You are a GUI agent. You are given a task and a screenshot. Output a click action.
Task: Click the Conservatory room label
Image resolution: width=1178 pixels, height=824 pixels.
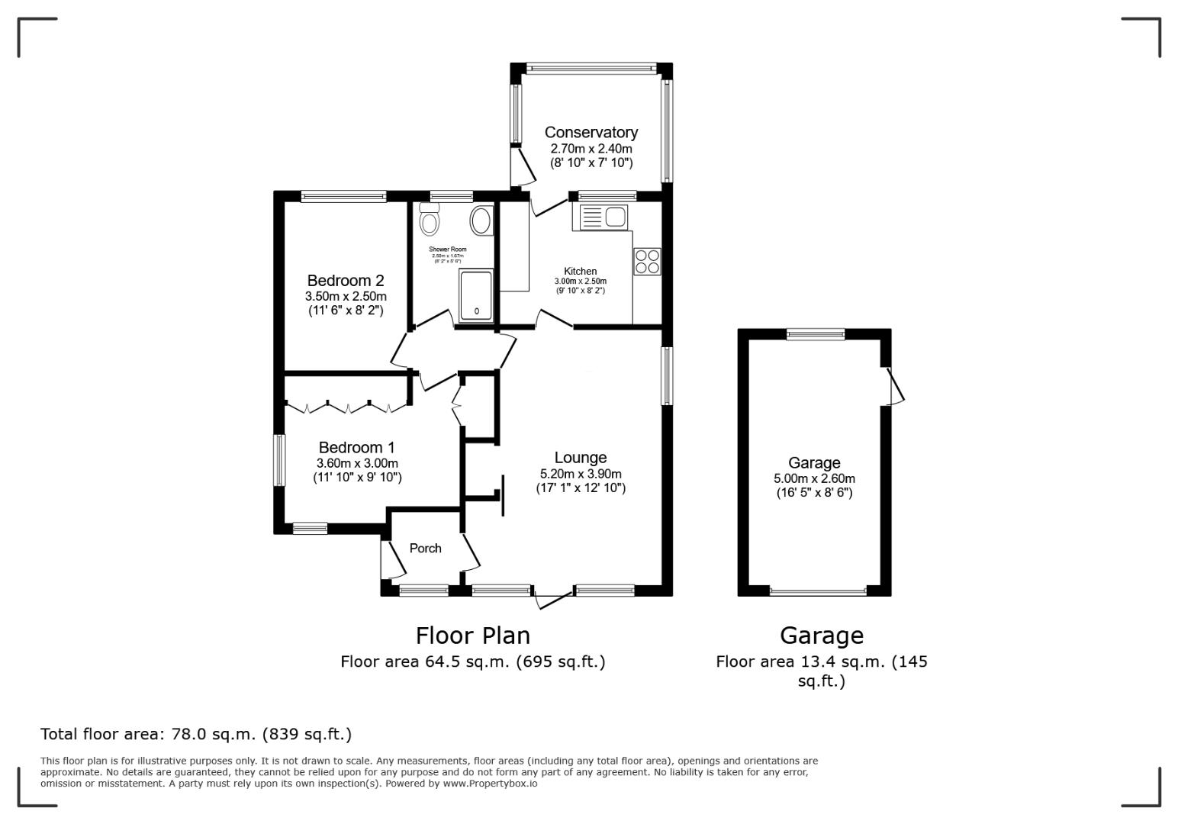click(x=591, y=133)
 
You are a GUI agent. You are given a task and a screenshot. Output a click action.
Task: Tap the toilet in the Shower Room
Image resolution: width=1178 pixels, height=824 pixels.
click(x=430, y=220)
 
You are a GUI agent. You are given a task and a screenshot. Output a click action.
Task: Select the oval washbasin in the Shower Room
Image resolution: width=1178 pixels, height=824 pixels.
click(x=481, y=220)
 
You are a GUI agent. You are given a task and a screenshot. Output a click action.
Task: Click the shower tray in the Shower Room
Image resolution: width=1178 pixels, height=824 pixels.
click(x=476, y=295)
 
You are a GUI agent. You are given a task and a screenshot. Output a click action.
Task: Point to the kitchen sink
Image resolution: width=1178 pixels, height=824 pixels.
click(x=603, y=217)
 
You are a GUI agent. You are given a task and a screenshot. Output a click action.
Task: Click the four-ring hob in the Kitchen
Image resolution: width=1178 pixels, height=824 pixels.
click(x=647, y=262)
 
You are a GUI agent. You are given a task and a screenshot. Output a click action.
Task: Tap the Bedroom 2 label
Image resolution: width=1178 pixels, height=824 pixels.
click(x=345, y=281)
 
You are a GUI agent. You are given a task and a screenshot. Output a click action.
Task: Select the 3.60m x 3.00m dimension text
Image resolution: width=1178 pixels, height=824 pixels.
click(x=357, y=463)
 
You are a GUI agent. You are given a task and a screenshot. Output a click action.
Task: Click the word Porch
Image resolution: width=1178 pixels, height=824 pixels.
click(x=425, y=548)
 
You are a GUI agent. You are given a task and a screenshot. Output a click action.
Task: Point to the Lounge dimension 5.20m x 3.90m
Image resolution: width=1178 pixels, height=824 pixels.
click(x=580, y=474)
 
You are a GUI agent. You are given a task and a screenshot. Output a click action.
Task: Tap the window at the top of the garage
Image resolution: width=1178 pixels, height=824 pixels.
click(x=816, y=333)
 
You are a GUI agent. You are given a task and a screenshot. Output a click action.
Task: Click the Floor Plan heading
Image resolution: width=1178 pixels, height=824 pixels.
click(x=472, y=635)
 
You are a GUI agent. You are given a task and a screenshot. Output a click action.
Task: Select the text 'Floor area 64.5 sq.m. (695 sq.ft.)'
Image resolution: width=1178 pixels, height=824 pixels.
click(x=472, y=661)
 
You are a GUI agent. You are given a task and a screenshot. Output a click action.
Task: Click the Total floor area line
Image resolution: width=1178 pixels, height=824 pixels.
click(x=195, y=734)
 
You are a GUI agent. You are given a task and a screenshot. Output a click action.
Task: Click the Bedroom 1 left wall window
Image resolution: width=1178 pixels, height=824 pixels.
click(x=279, y=460)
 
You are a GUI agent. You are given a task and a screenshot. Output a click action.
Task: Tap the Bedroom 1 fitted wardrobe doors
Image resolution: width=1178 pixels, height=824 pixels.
click(x=346, y=407)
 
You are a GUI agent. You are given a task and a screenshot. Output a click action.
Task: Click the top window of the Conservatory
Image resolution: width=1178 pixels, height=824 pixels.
click(x=591, y=68)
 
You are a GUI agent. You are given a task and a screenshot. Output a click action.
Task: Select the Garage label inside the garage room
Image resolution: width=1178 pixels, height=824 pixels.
click(x=814, y=462)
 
